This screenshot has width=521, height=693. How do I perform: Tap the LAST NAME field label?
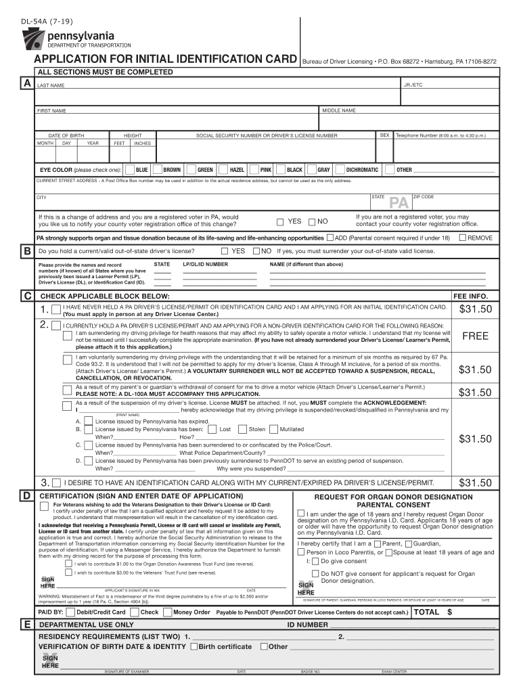pyautogui.click(x=51, y=86)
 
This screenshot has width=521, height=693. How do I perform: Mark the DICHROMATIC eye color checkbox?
pyautogui.click(x=340, y=170)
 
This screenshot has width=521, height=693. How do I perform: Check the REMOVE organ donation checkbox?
pyautogui.click(x=463, y=238)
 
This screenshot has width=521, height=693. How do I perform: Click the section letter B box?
pyautogui.click(x=26, y=251)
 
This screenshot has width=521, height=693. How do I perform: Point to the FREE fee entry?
pyautogui.click(x=475, y=336)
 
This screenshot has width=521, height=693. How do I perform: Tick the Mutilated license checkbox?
pyautogui.click(x=273, y=429)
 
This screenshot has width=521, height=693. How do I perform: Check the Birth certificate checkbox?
pyautogui.click(x=194, y=646)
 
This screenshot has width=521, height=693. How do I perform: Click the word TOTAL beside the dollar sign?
pyautogui.click(x=426, y=612)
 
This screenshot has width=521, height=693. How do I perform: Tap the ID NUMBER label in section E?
pyautogui.click(x=307, y=625)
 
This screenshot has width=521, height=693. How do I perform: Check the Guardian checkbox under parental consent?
pyautogui.click(x=409, y=544)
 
